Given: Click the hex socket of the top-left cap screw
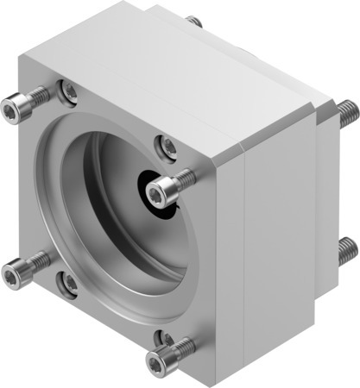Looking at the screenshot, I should [11, 109].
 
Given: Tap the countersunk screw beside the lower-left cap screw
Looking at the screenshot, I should [67, 279].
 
